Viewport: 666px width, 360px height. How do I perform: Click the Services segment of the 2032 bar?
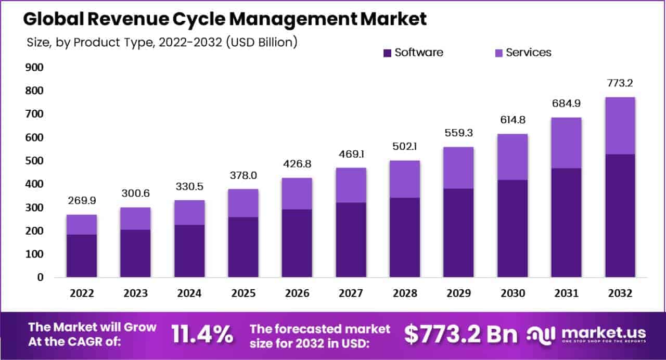(620, 125)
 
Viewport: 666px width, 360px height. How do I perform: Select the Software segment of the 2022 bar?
(82, 255)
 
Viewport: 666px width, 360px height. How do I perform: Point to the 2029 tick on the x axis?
(458, 293)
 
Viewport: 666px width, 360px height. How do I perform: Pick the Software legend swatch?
(387, 53)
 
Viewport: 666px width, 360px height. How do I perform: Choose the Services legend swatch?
(498, 53)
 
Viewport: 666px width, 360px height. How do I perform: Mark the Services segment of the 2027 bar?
(351, 185)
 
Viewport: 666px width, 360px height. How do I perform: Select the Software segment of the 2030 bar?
(513, 228)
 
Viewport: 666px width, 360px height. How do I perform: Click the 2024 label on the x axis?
(189, 293)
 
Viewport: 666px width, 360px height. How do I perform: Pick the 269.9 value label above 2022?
(82, 201)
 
